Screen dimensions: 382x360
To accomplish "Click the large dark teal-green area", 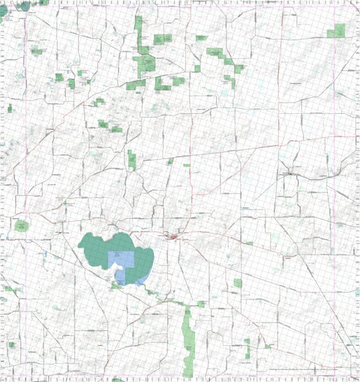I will [94, 247].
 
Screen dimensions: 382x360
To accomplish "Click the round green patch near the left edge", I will [21, 225].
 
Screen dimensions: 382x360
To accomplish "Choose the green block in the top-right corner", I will [337, 31].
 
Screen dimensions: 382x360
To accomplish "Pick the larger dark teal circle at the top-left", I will [25, 6].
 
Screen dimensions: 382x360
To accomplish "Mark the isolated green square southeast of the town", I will [238, 283].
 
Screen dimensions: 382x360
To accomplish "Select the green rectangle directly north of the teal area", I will [132, 160].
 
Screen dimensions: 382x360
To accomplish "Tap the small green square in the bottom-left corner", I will [11, 345].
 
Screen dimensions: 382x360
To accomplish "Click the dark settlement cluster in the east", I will [289, 174].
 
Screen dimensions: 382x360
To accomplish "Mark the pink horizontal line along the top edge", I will [180, 3].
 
